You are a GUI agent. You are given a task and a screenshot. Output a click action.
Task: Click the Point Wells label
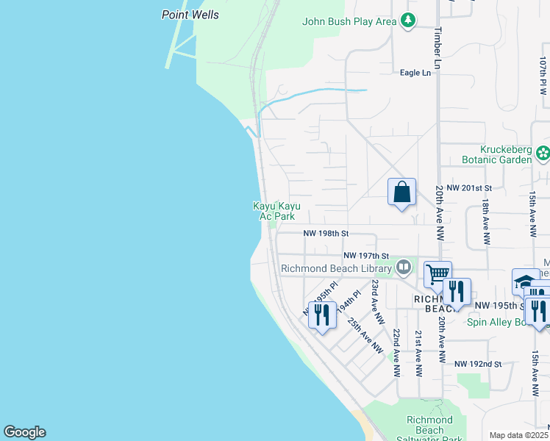click(x=190, y=15)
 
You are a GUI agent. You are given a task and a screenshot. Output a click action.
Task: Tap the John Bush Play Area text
click(x=349, y=21)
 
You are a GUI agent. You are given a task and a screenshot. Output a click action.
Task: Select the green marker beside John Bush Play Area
click(x=408, y=21)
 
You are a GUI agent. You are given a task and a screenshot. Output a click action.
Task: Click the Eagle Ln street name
click(x=415, y=73)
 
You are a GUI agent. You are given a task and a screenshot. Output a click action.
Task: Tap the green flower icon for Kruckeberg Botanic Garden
click(x=543, y=154)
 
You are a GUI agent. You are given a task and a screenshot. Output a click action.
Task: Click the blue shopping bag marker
click(x=402, y=193)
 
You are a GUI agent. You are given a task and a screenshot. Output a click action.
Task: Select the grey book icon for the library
click(x=403, y=268)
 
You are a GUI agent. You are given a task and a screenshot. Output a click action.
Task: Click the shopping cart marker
click(x=438, y=274)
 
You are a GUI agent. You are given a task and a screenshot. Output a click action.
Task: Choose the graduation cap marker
click(x=525, y=282)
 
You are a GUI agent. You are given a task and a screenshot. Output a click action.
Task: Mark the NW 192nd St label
click(x=477, y=364)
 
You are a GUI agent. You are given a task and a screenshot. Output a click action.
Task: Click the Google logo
click(x=24, y=432)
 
